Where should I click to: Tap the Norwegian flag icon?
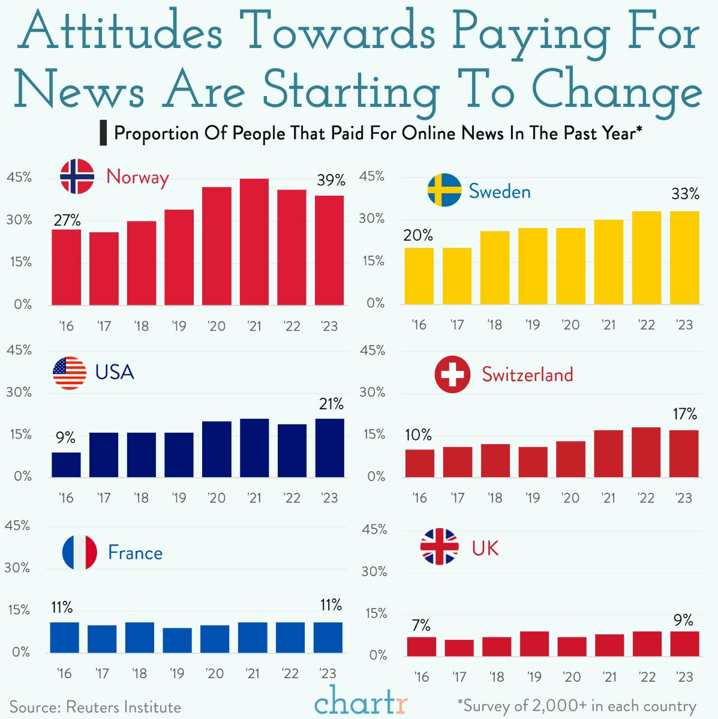pyautogui.click(x=77, y=176)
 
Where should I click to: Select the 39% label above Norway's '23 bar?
pyautogui.click(x=331, y=180)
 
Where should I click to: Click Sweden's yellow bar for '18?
pyautogui.click(x=495, y=268)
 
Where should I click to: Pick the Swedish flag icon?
pyautogui.click(x=444, y=190)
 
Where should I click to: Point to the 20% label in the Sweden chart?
pyautogui.click(x=418, y=236)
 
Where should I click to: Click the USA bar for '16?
pyautogui.click(x=66, y=465)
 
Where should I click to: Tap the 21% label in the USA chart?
pyautogui.click(x=331, y=404)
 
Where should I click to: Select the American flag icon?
pyautogui.click(x=70, y=373)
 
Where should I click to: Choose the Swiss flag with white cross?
pyautogui.click(x=452, y=375)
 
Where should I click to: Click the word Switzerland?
pyautogui.click(x=527, y=375)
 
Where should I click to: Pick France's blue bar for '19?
pyautogui.click(x=178, y=640)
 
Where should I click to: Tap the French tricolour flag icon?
pyautogui.click(x=79, y=552)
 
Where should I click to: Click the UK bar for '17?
pyautogui.click(x=459, y=648)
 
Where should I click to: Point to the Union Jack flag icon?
pyautogui.click(x=439, y=547)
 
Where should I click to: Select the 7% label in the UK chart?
pyautogui.click(x=421, y=625)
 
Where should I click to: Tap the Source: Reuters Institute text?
pyautogui.click(x=95, y=707)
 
